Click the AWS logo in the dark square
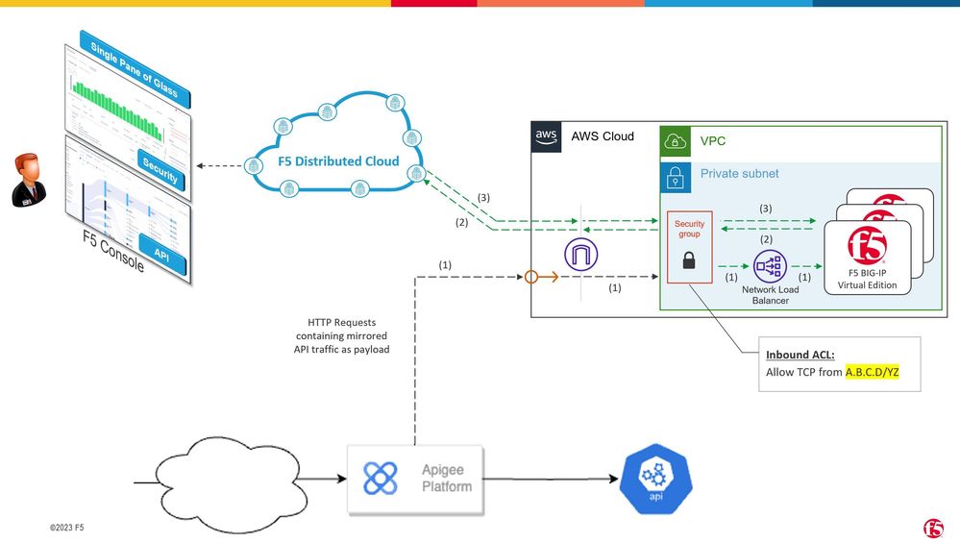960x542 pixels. (x=548, y=138)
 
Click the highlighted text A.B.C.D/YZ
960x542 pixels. (x=872, y=371)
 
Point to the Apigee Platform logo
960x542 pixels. (x=381, y=478)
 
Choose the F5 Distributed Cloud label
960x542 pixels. (x=333, y=160)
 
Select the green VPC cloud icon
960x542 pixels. (x=676, y=141)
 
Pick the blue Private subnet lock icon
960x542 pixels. (x=676, y=174)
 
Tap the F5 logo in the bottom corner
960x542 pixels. (x=933, y=527)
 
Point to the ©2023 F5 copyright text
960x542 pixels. (x=67, y=528)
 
